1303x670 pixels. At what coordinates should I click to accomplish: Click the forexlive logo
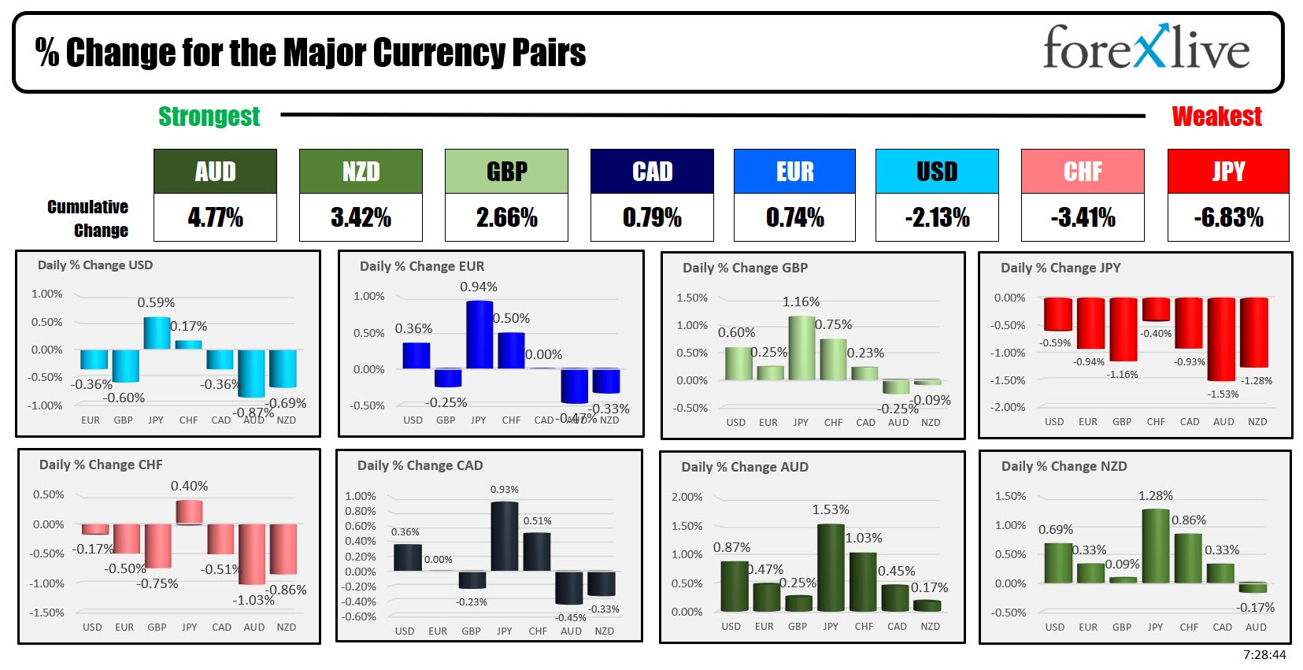(x=1146, y=48)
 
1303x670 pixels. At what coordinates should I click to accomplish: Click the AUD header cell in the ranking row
(x=215, y=172)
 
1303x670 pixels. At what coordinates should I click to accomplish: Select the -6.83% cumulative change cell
(x=1228, y=217)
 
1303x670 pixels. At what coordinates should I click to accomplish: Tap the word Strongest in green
(x=209, y=117)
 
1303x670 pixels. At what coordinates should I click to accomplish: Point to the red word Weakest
(x=1216, y=117)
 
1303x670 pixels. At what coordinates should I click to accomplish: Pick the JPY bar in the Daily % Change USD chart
(x=157, y=334)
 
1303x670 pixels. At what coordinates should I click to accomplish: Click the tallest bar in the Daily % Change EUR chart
(x=479, y=335)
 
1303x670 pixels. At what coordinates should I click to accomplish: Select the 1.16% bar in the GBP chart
(x=801, y=348)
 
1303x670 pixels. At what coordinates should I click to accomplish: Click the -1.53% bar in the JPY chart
(x=1221, y=339)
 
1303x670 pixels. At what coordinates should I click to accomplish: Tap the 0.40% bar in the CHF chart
(x=190, y=512)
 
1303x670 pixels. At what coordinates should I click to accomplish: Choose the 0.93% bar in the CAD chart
(x=505, y=536)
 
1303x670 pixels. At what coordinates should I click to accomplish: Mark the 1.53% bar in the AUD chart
(x=831, y=568)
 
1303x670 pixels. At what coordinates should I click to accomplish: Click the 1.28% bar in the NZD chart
(x=1155, y=546)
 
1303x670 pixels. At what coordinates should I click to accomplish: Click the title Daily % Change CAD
(x=420, y=465)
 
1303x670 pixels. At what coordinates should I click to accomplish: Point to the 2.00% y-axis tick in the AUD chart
(x=687, y=497)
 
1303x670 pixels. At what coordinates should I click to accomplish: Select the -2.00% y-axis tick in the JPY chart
(x=1008, y=407)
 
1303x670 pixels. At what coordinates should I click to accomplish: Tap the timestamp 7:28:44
(x=1264, y=655)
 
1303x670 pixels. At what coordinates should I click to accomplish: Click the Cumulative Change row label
(x=88, y=218)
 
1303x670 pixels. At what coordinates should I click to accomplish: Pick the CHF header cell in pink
(x=1082, y=172)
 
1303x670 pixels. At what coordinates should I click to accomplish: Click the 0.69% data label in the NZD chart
(x=1055, y=529)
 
